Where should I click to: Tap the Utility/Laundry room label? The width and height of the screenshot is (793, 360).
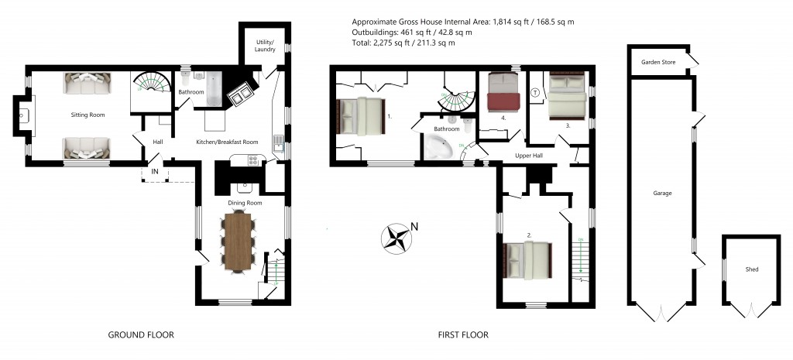265,46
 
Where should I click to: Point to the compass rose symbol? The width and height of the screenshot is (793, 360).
397,238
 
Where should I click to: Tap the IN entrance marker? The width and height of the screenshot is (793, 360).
154,172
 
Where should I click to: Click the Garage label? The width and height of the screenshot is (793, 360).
662,193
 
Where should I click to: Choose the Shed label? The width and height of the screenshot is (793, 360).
752,270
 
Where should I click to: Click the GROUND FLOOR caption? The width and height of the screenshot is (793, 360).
140,335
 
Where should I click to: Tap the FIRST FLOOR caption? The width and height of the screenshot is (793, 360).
462,335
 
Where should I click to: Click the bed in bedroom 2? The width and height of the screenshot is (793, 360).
527,259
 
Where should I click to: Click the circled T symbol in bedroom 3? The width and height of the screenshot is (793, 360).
535,93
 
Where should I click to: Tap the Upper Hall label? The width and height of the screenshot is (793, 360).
529,156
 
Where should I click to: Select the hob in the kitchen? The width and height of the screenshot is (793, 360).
252,161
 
